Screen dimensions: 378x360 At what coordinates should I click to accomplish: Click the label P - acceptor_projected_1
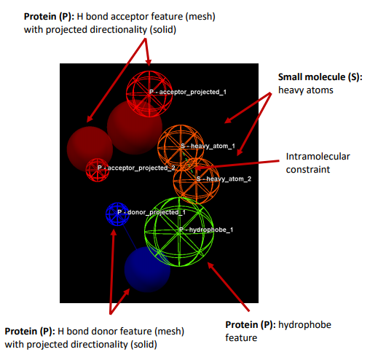pos(188,92)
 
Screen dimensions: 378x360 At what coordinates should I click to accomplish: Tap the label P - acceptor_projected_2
pos(136,168)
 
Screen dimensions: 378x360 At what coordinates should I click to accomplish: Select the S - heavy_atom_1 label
pos(208,146)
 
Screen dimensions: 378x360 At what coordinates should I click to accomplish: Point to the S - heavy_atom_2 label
pos(224,179)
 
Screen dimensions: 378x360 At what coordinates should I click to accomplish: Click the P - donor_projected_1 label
pos(151,212)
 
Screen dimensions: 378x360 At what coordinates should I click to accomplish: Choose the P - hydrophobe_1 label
pos(206,230)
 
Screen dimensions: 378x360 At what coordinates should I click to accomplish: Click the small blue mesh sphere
pos(117,214)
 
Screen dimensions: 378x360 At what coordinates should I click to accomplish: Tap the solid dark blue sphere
pos(147,270)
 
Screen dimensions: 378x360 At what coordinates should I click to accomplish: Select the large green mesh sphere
pos(179,232)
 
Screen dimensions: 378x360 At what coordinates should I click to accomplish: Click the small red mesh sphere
pos(98,170)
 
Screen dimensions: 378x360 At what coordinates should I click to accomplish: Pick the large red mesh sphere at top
pos(149,94)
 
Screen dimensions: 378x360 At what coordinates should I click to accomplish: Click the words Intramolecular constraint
pos(318,163)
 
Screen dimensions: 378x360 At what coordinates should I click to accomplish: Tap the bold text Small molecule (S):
pos(320,77)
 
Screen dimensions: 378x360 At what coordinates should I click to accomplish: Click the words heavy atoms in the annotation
pos(306,90)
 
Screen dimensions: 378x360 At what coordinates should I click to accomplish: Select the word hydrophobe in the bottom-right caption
pos(304,325)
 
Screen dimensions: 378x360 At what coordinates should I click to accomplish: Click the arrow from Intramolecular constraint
pos(237,165)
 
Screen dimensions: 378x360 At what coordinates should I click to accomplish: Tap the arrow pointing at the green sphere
pos(229,286)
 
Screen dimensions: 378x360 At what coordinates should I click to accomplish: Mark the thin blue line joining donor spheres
pos(129,236)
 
